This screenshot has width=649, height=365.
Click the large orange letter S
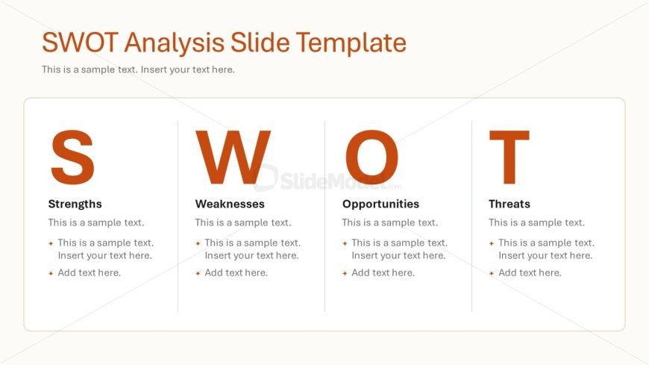click(72, 157)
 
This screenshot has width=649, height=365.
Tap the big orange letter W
click(233, 157)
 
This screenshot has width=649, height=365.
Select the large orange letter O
click(371, 157)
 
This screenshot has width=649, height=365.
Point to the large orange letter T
click(509, 157)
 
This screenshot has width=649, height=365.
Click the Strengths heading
click(75, 204)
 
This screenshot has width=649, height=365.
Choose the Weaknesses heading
click(230, 204)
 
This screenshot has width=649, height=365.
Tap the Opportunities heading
click(380, 204)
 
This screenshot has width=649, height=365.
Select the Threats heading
click(509, 204)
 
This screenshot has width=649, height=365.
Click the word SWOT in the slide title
click(81, 43)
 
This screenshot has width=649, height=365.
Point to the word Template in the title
click(351, 43)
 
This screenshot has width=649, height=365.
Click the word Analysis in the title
click(174, 43)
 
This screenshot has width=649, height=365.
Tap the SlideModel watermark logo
click(327, 179)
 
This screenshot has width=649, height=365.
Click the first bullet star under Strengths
click(51, 243)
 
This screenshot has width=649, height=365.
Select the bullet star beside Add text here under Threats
click(492, 273)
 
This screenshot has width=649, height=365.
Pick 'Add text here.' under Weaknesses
click(236, 272)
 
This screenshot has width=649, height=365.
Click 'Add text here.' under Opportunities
click(383, 272)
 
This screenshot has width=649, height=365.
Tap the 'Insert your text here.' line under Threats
click(545, 255)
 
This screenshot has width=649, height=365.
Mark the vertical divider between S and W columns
click(178, 216)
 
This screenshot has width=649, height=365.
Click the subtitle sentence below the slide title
click(138, 69)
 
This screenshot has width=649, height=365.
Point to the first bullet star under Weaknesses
click(198, 243)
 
